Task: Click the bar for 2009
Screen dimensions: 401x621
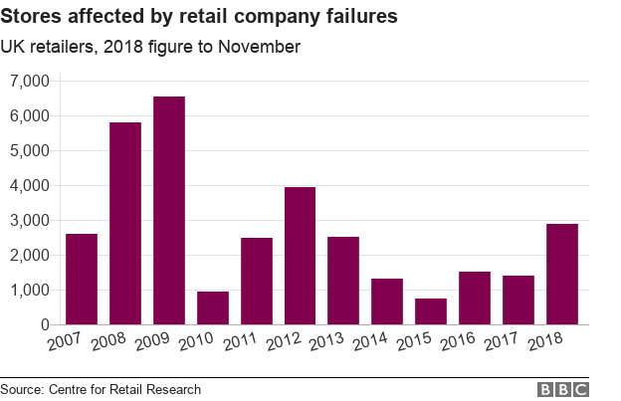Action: pos(169,211)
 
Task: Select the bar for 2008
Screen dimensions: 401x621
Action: pos(125,224)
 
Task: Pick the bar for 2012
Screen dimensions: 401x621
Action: pos(300,256)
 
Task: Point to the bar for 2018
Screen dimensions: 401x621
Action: pos(562,275)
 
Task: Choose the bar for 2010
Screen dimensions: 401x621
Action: pos(213,308)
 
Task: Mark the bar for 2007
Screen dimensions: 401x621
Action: pos(82,280)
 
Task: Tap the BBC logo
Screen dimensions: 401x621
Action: pos(563,389)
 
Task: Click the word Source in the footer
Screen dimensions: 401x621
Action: pos(24,389)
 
